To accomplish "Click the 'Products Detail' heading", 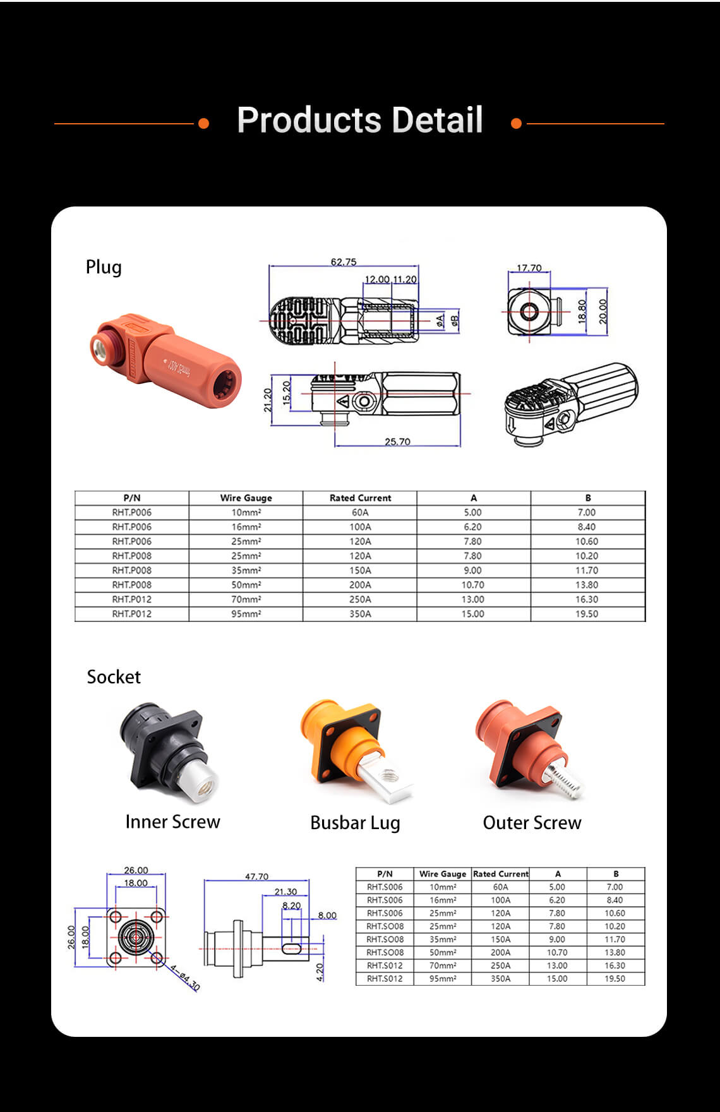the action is pyautogui.click(x=360, y=120).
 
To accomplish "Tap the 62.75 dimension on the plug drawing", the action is pyautogui.click(x=344, y=261).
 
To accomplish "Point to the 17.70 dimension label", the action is pyautogui.click(x=529, y=268).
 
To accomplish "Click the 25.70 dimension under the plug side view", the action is pyautogui.click(x=397, y=441).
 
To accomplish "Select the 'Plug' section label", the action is pyautogui.click(x=104, y=267).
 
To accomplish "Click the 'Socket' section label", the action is pyautogui.click(x=114, y=677).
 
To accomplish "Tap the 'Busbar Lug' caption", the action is pyautogui.click(x=355, y=823).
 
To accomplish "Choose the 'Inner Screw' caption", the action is pyautogui.click(x=172, y=822).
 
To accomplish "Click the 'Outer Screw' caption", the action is pyautogui.click(x=532, y=822).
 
